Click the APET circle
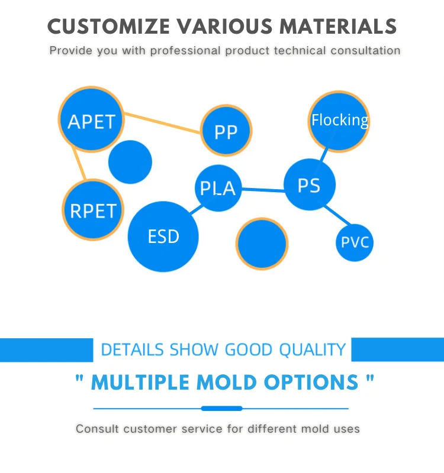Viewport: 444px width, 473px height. (92, 120)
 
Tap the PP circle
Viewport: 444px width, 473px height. (226, 131)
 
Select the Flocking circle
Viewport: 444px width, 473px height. (339, 121)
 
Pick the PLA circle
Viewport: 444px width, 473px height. (218, 187)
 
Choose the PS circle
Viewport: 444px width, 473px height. (310, 184)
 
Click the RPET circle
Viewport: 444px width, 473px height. (93, 210)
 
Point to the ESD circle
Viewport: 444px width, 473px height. (163, 237)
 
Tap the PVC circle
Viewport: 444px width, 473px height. (355, 242)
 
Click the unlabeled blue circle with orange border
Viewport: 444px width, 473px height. (262, 244)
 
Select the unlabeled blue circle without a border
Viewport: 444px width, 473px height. (130, 162)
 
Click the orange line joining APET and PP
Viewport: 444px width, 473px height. (162, 123)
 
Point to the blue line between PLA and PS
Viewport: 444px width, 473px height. (263, 190)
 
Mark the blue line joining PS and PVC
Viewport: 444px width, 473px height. (337, 215)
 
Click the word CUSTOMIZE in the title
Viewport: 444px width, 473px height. (108, 27)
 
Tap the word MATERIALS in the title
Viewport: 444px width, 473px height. (338, 27)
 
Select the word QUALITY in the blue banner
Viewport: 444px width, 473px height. (313, 350)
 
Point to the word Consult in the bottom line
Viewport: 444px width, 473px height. (96, 429)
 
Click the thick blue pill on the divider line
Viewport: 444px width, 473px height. (221, 409)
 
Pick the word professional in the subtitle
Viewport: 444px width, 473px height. (185, 51)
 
